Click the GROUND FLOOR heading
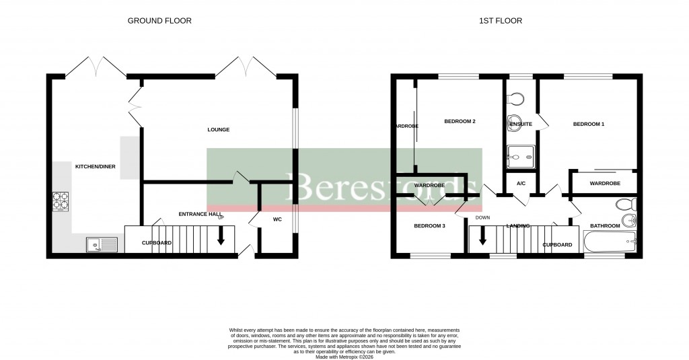point(159,21)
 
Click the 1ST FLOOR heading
point(500,21)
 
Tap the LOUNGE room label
point(218,130)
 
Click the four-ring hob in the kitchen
point(61,201)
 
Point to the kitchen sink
point(101,246)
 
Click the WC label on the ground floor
point(277,220)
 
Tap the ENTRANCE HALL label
point(200,214)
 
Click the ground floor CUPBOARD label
point(156,243)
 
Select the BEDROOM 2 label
point(460,122)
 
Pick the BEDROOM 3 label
point(429,226)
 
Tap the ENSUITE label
point(521,124)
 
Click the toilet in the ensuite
point(517,99)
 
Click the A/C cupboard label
point(521,184)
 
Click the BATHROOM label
point(604,226)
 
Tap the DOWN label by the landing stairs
point(482,218)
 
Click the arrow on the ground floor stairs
point(220,236)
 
